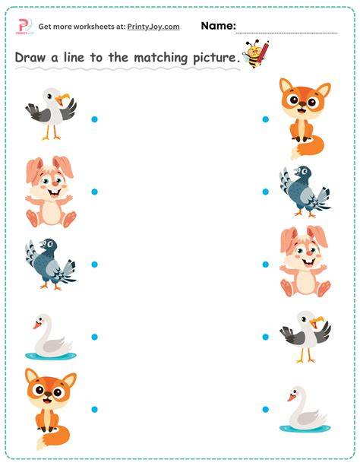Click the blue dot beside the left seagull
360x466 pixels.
[94, 119]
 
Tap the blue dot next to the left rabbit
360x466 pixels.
[94, 192]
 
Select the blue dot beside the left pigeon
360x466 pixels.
[94, 265]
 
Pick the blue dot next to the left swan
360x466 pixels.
[94, 337]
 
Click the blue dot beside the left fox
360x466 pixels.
[94, 409]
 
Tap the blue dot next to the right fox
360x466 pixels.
[266, 119]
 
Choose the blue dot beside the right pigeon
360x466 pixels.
[266, 192]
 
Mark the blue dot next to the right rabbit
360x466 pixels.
[266, 265]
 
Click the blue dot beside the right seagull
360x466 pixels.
[266, 337]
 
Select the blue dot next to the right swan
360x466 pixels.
[266, 409]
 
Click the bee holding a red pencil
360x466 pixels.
[255, 53]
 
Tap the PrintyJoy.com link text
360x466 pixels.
[153, 27]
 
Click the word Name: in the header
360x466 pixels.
[218, 26]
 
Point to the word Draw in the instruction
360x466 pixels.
[30, 57]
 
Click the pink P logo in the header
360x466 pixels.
[24, 26]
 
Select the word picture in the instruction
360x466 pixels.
[214, 58]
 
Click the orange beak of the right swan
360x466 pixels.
[292, 397]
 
